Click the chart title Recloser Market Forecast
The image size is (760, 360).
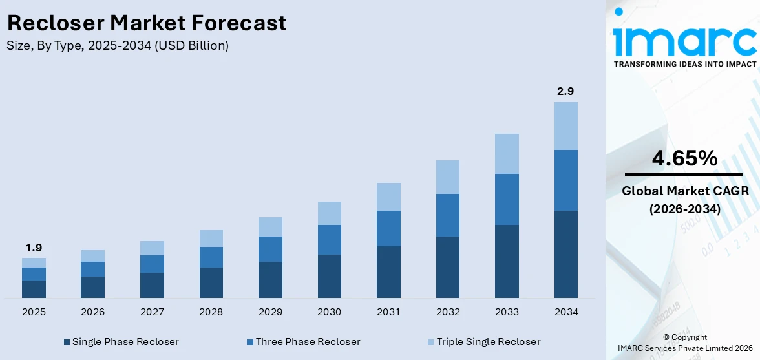(x=147, y=23)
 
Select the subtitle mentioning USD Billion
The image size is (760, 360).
(x=118, y=46)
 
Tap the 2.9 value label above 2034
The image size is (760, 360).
(x=565, y=91)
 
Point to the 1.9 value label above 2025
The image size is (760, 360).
(x=34, y=248)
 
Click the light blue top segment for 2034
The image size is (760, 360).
(x=565, y=126)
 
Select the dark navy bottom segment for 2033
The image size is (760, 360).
(x=507, y=261)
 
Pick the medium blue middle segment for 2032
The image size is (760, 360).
(x=447, y=215)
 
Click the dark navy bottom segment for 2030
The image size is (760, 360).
(x=329, y=276)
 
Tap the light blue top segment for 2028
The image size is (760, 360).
(x=211, y=238)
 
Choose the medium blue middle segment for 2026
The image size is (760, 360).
(x=92, y=269)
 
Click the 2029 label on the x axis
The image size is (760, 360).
(x=270, y=312)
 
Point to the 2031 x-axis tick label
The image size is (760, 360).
(x=388, y=312)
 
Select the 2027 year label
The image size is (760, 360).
(x=152, y=312)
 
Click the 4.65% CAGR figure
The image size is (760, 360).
(x=684, y=158)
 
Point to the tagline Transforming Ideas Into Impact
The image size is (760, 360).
(x=684, y=64)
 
